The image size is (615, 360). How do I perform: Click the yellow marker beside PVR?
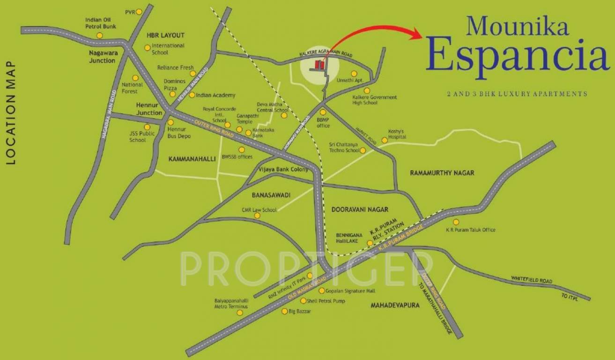(139, 12)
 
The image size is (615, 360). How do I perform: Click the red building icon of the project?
(319, 65)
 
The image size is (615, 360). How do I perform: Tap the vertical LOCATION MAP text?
(11, 112)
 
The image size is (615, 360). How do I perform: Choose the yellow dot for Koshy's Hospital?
(385, 140)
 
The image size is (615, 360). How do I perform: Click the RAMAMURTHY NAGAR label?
(442, 173)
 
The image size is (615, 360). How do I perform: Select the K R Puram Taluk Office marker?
(456, 222)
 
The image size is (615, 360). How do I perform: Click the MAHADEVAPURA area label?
(395, 305)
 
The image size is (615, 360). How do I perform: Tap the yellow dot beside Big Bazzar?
(284, 311)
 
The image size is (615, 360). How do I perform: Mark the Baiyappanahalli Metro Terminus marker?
(240, 313)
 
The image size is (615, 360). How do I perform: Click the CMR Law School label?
(259, 210)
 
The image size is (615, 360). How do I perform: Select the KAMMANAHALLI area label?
(192, 159)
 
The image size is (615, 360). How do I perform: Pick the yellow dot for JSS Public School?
(147, 127)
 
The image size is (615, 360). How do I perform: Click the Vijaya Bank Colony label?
(283, 169)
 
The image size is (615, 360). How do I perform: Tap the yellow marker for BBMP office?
(323, 112)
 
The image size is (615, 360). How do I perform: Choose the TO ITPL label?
(571, 296)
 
